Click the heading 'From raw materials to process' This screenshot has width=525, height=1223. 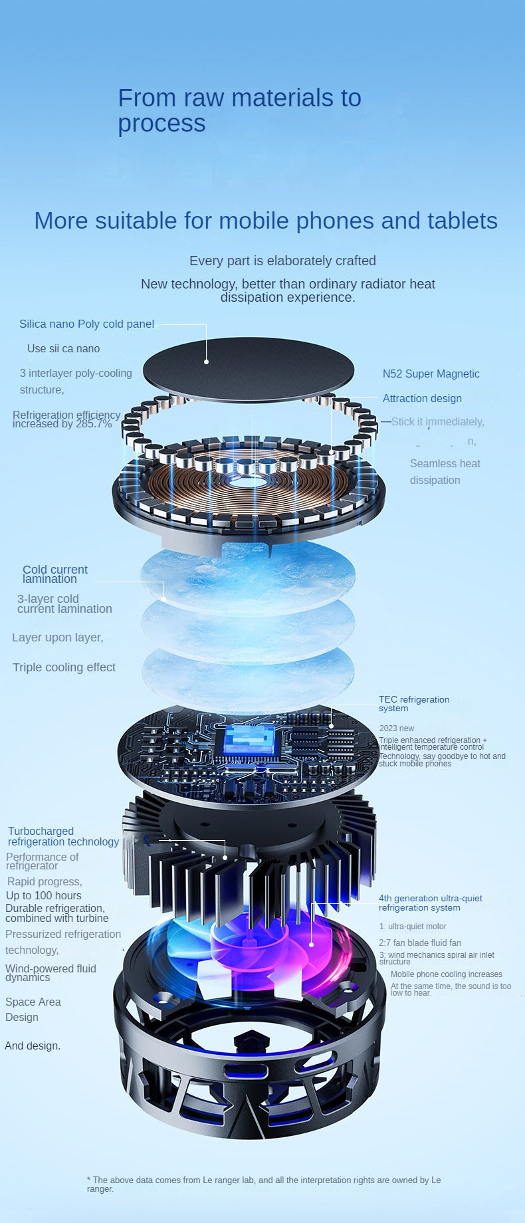click(239, 110)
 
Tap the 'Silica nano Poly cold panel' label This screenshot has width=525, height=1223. click(86, 324)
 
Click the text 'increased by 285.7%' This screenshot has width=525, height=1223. click(62, 424)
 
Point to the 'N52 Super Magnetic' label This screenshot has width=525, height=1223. click(431, 374)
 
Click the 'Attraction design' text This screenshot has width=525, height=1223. click(422, 398)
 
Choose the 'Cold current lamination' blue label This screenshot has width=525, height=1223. click(55, 574)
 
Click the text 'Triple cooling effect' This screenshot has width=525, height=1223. click(64, 667)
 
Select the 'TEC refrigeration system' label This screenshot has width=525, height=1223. click(413, 703)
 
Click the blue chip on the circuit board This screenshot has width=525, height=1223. click(248, 740)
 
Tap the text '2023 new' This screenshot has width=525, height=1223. click(396, 728)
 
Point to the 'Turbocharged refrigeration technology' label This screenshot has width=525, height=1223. click(63, 836)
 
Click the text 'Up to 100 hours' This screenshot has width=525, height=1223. click(44, 895)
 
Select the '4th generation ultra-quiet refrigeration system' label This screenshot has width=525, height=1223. click(430, 903)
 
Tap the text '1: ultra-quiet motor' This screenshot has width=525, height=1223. click(413, 927)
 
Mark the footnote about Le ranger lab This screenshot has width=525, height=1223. click(264, 1184)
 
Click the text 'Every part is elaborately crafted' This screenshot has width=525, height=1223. click(282, 261)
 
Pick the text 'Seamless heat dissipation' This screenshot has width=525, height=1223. click(445, 471)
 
